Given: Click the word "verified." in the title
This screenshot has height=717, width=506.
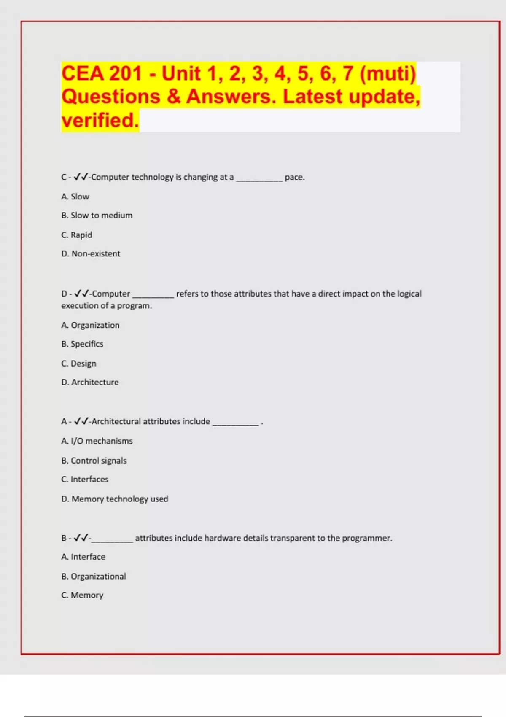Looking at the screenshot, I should point(100,120).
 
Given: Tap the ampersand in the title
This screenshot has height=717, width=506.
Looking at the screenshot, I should point(173,97).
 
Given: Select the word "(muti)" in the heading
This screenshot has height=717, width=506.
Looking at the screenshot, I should point(388,73).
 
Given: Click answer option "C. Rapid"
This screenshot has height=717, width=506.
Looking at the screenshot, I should point(77,235).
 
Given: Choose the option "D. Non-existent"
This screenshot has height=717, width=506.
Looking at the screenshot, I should point(91,254).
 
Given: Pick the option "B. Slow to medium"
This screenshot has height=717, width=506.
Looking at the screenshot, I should point(97,216).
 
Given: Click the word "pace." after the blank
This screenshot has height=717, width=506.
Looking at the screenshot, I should point(294,178).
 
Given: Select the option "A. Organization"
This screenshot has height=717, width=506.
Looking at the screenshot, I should point(90,325).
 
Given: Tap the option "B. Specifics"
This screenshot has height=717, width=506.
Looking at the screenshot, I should point(82,344).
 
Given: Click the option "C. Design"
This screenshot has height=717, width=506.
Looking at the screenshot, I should point(79,364).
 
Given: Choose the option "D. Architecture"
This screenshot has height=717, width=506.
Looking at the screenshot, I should point(90,383).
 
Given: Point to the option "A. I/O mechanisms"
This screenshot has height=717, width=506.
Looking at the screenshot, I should point(97,441).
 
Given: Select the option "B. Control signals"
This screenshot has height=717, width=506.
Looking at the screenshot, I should point(94,461).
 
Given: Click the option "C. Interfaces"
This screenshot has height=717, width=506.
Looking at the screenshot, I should point(85,480).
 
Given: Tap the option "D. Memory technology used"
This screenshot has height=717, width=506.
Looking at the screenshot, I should point(115,499).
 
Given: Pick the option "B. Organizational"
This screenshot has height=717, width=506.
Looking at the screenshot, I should point(94,577).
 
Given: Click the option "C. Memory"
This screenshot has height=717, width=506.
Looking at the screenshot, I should point(82,595).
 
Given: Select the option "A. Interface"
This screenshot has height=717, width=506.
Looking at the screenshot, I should point(83,557).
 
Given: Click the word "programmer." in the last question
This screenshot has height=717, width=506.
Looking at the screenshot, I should point(367,538).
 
